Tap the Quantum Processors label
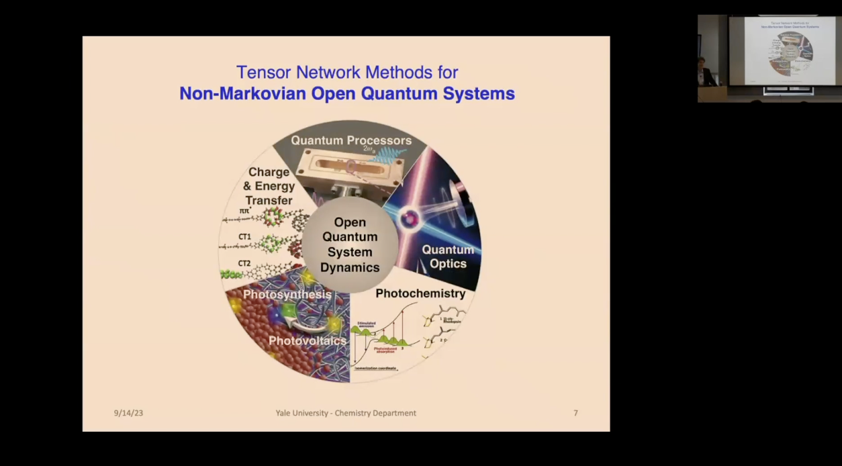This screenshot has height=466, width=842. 351,140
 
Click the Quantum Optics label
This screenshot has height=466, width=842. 448,257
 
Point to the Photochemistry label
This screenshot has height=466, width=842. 420,293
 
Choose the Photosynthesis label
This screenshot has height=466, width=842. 287,295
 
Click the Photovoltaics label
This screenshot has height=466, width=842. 308,341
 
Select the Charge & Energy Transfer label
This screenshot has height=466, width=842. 269,186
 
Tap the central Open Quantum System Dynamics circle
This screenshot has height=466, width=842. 350,244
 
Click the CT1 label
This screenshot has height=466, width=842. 244,237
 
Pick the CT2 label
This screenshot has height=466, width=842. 244,263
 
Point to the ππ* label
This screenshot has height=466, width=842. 244,211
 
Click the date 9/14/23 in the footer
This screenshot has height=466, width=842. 128,413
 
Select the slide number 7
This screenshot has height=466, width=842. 575,413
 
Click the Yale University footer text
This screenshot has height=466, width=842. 346,413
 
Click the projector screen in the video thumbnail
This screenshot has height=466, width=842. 782,51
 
